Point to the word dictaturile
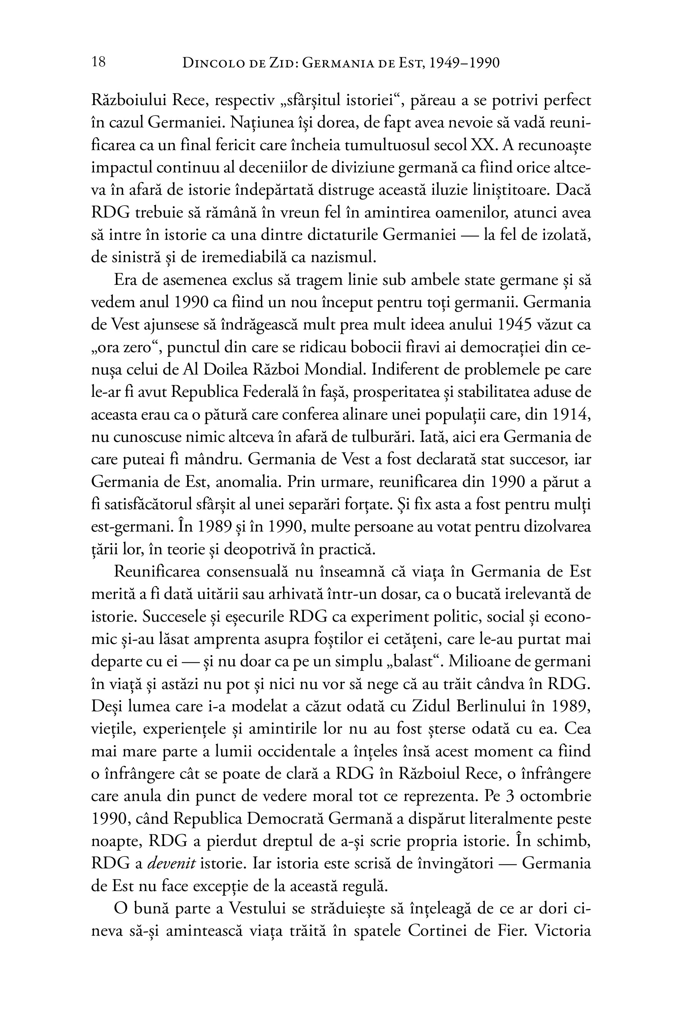pos(337,235)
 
